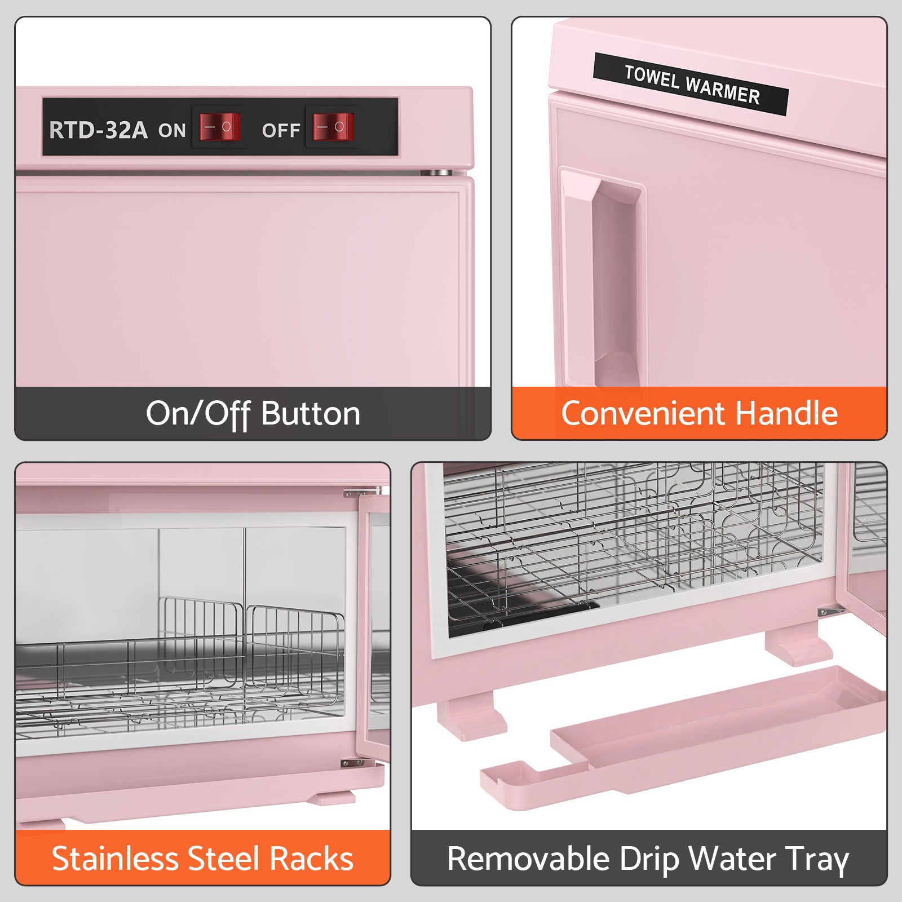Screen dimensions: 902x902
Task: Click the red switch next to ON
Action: click(x=220, y=127)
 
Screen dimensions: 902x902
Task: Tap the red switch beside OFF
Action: click(x=333, y=127)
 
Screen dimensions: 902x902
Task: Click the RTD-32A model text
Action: click(x=98, y=130)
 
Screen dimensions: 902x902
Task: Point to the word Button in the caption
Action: click(x=311, y=414)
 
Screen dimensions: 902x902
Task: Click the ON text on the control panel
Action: click(x=172, y=131)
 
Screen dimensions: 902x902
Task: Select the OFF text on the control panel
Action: click(x=281, y=131)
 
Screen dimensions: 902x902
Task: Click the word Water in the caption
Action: click(x=732, y=859)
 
